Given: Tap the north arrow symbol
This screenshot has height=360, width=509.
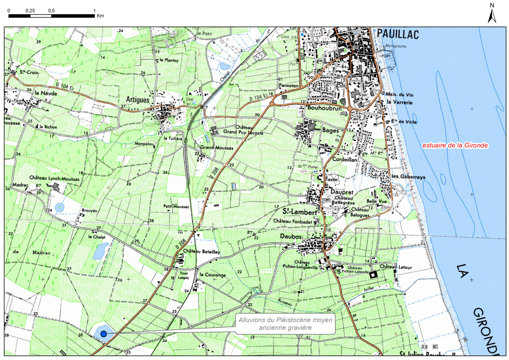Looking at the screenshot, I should point(492,16).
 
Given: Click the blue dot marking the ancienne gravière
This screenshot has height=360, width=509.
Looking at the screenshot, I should point(103,333).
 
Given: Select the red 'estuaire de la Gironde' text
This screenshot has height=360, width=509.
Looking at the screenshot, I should point(455,146).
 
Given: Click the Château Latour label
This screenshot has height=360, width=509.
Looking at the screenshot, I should point(395,267).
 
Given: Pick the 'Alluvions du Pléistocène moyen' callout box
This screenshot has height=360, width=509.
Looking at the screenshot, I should point(285,324).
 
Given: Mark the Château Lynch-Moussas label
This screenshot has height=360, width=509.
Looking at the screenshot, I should point(54,179).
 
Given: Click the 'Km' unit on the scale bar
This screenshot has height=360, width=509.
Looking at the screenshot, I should point(100,16).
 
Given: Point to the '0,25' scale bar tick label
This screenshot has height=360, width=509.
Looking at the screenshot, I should point(30,10).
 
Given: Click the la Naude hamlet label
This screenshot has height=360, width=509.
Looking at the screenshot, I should point(46,93).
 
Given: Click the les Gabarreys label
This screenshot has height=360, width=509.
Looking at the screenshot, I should point(409,177).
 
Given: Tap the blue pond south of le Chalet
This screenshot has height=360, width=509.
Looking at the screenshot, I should point(100,250).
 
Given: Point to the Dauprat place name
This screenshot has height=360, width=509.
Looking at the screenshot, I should point(344,192).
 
